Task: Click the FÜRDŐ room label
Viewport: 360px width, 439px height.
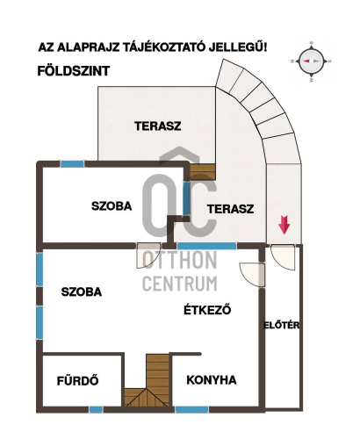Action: (77, 381)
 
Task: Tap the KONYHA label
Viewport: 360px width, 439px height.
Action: (212, 380)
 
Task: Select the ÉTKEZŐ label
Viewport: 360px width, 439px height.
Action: (207, 310)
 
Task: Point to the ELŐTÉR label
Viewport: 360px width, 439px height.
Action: (281, 325)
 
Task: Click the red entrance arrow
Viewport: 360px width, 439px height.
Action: (284, 225)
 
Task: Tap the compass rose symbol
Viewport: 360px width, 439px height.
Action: (311, 61)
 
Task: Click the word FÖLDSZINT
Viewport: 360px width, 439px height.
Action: (74, 71)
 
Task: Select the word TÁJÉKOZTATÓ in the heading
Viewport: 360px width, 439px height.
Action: (163, 47)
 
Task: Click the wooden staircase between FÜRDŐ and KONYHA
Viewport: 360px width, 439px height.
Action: (148, 380)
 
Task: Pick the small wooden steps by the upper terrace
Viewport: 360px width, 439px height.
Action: (203, 172)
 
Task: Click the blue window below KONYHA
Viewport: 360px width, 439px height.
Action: (191, 409)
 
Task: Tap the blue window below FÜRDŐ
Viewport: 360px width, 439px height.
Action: (96, 409)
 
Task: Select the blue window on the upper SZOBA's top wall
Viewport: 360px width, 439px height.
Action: (72, 164)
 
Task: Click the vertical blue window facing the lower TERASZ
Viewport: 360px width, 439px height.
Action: (186, 198)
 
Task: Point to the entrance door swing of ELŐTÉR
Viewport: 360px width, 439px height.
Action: (283, 257)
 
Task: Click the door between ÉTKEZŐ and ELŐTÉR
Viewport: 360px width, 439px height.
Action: (252, 275)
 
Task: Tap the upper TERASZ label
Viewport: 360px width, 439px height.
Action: (158, 126)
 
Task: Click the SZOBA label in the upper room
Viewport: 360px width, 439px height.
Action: (112, 206)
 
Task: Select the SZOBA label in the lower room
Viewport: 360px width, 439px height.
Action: (82, 291)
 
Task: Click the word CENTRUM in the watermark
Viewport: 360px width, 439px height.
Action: (180, 284)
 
